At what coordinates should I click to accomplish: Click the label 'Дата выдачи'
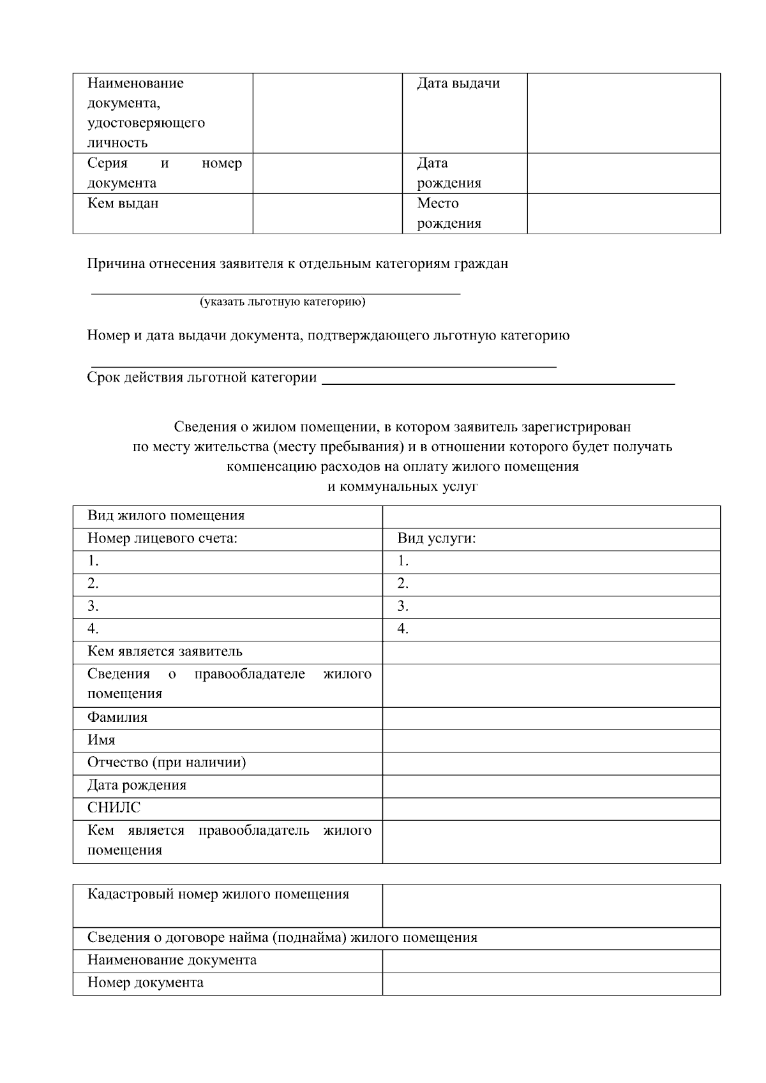[x=458, y=84]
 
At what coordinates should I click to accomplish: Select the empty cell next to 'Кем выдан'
[x=327, y=214]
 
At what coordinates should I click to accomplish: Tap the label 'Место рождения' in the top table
[x=449, y=213]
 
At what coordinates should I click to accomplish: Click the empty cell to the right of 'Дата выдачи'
[x=623, y=113]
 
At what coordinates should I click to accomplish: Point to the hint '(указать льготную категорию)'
[x=282, y=302]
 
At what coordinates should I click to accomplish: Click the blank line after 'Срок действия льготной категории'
[x=498, y=378]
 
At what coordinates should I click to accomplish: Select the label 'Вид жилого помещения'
[x=166, y=516]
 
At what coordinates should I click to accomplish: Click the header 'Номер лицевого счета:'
[x=162, y=539]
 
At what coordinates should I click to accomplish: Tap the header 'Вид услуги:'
[x=437, y=539]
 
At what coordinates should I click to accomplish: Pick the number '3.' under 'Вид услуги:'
[x=403, y=606]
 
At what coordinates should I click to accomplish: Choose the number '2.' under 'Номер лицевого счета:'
[x=93, y=584]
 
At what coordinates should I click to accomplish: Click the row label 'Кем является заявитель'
[x=165, y=652]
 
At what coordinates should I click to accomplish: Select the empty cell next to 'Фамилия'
[x=551, y=718]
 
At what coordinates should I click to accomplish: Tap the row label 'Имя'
[x=101, y=740]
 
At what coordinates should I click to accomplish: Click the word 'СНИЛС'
[x=114, y=808]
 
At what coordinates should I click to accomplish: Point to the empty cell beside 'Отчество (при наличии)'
[x=551, y=763]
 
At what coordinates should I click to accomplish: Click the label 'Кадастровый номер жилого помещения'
[x=218, y=895]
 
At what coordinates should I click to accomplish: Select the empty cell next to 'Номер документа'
[x=551, y=983]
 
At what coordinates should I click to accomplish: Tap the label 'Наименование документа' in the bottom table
[x=172, y=960]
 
